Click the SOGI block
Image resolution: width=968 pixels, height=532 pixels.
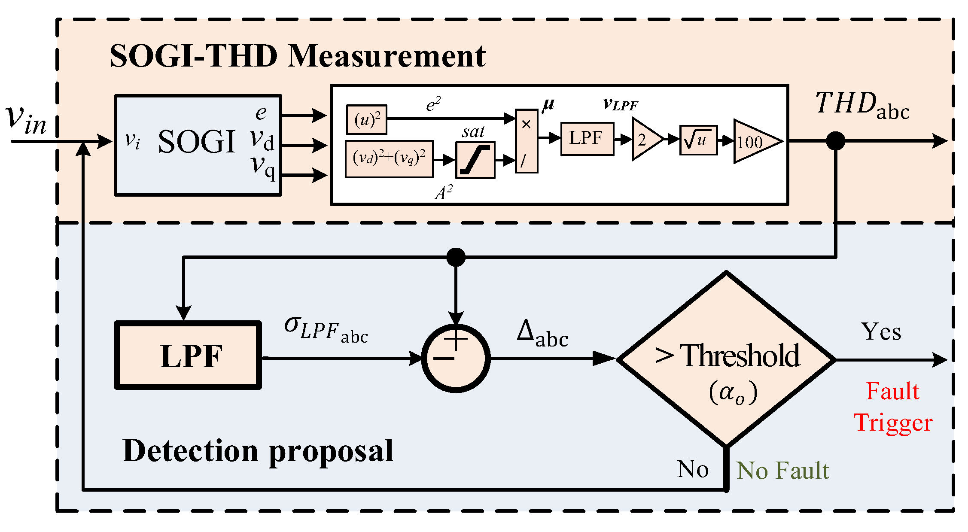pos(198,145)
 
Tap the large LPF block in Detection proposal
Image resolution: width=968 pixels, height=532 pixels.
pos(188,356)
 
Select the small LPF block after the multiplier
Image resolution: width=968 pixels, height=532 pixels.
pos(587,139)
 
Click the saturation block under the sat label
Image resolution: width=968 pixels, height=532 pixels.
pos(475,160)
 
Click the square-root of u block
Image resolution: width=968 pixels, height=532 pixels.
pos(698,140)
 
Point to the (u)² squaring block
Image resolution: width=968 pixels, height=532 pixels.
pos(366,120)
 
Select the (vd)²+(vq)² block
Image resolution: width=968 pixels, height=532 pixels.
pos(389,159)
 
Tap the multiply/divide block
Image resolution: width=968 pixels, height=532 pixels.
pos(526,141)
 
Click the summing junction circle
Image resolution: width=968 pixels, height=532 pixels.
pos(456,358)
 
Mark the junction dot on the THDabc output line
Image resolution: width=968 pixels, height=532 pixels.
pos(835,141)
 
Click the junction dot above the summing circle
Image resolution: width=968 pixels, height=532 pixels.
pos(456,257)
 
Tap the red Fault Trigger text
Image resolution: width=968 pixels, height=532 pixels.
pos(893,407)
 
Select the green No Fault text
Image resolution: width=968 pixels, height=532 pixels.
pos(782,471)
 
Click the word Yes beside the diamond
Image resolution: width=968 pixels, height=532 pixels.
pos(881,332)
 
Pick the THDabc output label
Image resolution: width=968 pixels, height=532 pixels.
pos(861,106)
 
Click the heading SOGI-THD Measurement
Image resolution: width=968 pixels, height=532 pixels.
pos(297,57)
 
